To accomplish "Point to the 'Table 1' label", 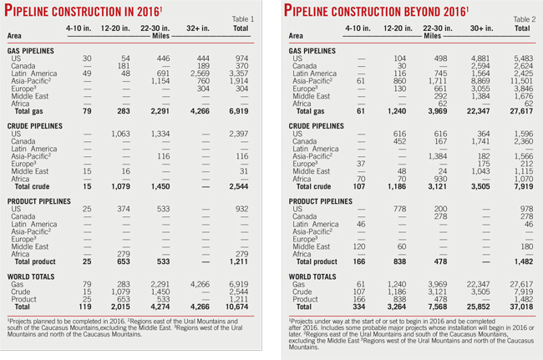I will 247,17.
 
